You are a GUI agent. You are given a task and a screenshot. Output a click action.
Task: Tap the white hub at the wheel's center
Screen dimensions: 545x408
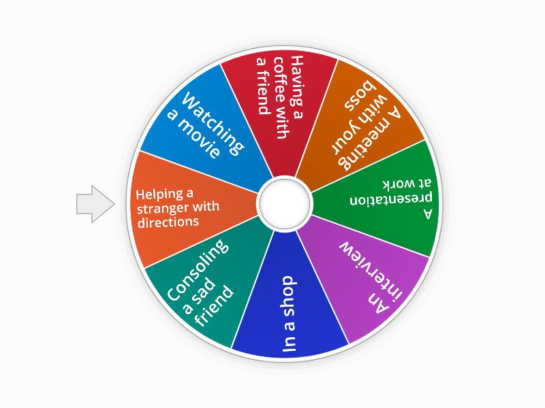coord(284,203)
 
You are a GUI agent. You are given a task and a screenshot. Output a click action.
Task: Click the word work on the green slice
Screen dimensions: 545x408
coord(399,184)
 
